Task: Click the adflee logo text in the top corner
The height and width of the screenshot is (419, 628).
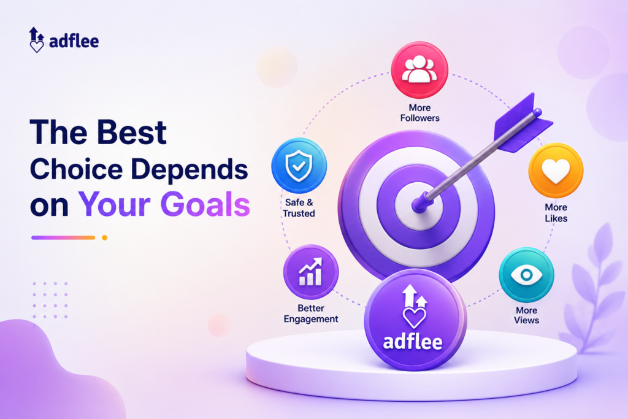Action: (x=74, y=41)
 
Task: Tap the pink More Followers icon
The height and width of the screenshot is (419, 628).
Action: (x=419, y=70)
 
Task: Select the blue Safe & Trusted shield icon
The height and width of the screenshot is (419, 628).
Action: (x=299, y=166)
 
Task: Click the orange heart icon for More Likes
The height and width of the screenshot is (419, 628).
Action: (x=556, y=171)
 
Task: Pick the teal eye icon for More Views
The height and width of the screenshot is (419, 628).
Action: (x=526, y=275)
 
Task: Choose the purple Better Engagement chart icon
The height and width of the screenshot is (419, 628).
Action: (x=311, y=272)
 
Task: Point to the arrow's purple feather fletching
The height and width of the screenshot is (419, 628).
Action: (x=523, y=123)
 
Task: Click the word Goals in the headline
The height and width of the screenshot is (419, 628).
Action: (x=205, y=204)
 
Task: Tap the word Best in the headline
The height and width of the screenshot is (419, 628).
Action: (x=132, y=132)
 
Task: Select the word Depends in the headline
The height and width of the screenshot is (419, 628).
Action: (x=190, y=170)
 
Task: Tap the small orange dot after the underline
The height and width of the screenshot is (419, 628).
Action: (x=104, y=237)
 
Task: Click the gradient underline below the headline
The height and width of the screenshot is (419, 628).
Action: (x=63, y=237)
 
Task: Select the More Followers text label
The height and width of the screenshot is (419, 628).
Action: (x=419, y=112)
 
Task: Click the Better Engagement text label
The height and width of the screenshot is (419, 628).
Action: (x=311, y=313)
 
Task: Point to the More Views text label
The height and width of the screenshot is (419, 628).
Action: (x=526, y=315)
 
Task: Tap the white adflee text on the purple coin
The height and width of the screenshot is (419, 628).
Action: (x=413, y=342)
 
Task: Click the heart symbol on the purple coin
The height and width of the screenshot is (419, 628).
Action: (x=414, y=318)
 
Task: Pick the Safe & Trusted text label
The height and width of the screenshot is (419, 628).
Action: (x=299, y=208)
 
